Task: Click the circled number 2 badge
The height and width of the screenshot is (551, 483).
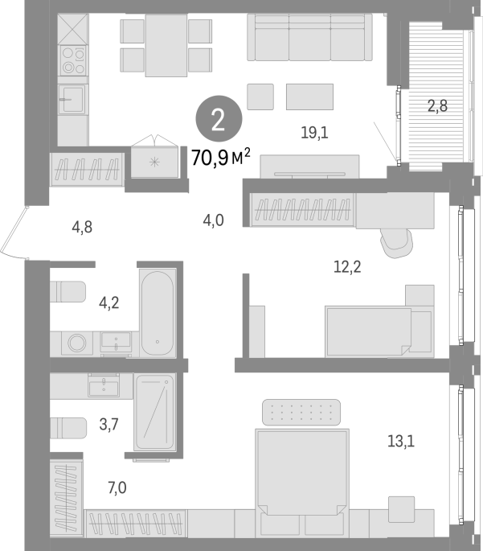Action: (219, 119)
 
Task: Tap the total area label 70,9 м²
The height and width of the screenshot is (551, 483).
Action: (221, 157)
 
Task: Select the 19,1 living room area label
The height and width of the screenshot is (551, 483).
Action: (314, 133)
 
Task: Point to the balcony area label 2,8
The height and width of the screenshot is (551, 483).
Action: (437, 105)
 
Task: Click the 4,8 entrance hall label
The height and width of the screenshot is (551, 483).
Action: (82, 227)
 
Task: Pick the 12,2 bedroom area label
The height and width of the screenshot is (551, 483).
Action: (347, 267)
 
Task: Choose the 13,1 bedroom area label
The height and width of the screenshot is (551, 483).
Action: (401, 441)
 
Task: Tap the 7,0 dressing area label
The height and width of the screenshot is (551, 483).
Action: (117, 487)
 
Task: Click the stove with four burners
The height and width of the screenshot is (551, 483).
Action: (73, 61)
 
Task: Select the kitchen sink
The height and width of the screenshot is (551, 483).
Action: (72, 100)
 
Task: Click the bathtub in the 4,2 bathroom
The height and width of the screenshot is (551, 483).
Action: (158, 313)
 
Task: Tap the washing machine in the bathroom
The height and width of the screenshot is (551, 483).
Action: (77, 343)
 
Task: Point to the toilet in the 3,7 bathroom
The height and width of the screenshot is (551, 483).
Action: (68, 428)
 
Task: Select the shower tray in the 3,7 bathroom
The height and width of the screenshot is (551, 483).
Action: (154, 412)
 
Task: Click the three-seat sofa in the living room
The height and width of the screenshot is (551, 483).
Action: (309, 37)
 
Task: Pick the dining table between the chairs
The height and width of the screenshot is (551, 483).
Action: (166, 45)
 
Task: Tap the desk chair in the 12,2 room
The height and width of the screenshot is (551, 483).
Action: (397, 243)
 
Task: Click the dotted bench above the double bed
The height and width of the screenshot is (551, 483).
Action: (301, 412)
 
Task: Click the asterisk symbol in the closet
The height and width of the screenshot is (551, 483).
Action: (154, 162)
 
